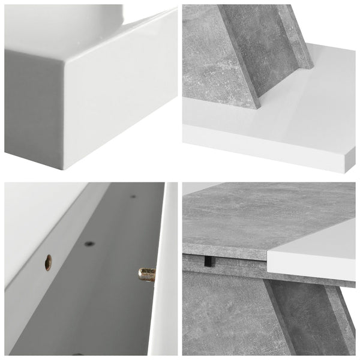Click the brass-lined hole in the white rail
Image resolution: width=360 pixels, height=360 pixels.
(48, 262)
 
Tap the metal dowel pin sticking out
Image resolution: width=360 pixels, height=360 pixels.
(146, 274)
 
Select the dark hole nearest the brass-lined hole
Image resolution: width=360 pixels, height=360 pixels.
(89, 244)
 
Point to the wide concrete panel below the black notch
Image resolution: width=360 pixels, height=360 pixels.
(222, 312)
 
